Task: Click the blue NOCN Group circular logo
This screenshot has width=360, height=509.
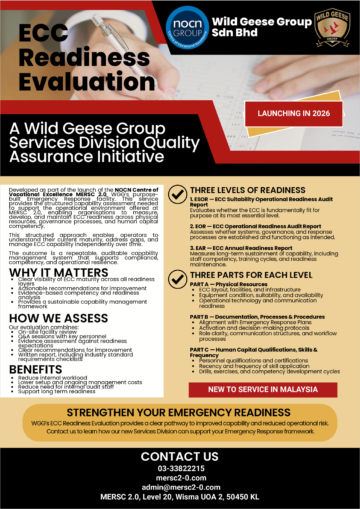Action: [187, 28]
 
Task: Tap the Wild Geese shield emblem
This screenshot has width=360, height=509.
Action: [332, 29]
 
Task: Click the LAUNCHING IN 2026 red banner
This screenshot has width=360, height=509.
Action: [294, 114]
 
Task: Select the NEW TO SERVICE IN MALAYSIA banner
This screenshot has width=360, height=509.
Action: [263, 390]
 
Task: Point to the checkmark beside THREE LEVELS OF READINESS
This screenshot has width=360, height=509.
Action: [178, 194]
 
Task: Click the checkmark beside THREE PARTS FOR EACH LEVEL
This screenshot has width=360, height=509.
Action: [178, 279]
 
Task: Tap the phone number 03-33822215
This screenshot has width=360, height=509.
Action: [181, 469]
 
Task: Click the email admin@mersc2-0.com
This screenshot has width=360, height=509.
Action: [181, 487]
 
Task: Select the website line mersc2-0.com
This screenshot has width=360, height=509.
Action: [181, 478]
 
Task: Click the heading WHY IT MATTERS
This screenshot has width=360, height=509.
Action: [59, 272]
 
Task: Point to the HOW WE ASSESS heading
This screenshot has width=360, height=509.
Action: [59, 318]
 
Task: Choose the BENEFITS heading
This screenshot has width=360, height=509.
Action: [36, 369]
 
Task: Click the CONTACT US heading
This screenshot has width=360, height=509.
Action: [180, 457]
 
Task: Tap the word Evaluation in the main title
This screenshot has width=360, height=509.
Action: [87, 82]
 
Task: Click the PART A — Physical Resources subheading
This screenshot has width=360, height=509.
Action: [229, 284]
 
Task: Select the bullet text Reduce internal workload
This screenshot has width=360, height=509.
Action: [53, 378]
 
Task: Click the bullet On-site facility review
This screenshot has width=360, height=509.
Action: [47, 332]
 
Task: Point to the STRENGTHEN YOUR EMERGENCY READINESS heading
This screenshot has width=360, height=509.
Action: [178, 413]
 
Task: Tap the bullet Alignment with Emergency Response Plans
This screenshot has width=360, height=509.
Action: [255, 322]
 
